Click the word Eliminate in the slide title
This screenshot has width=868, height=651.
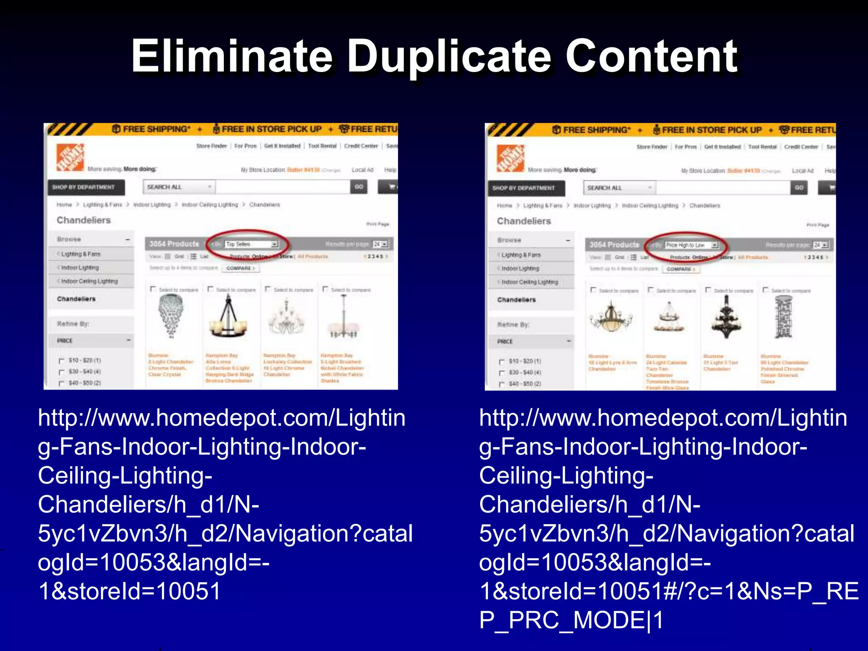click(231, 56)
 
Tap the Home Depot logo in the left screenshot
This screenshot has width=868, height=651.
click(70, 157)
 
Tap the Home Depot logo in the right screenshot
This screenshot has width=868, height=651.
click(510, 158)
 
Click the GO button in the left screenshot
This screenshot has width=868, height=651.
click(359, 186)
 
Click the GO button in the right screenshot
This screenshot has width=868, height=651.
click(799, 187)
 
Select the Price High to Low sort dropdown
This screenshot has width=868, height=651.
click(691, 245)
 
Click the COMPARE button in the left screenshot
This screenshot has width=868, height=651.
click(240, 268)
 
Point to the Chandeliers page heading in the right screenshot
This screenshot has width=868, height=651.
click(524, 221)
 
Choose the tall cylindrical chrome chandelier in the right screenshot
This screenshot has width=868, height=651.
click(783, 317)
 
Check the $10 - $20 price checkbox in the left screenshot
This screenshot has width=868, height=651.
click(61, 361)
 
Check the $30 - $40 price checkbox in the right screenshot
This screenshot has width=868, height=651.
click(502, 373)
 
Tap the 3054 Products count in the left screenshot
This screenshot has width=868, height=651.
click(174, 244)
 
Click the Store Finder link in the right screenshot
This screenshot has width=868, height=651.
click(651, 147)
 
